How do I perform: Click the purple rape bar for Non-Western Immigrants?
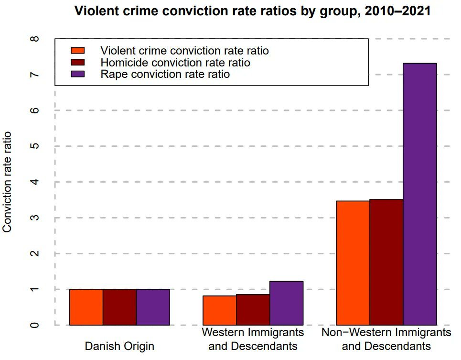(419, 194)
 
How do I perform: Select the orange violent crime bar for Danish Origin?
(86, 307)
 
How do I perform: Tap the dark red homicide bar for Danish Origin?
(119, 307)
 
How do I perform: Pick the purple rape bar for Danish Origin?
(153, 307)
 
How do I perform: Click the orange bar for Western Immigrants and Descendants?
(219, 310)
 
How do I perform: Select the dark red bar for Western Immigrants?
(253, 310)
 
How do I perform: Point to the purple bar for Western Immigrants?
(286, 303)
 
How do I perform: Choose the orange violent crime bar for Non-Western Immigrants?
(353, 263)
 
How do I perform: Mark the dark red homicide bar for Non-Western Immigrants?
(386, 262)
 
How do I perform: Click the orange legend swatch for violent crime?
(77, 51)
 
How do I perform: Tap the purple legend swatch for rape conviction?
(77, 74)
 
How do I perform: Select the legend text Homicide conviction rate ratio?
(175, 63)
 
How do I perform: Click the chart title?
(253, 11)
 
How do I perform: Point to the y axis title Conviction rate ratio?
(8, 182)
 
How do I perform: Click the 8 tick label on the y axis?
(34, 39)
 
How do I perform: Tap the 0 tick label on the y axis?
(34, 325)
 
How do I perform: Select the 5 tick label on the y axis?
(34, 146)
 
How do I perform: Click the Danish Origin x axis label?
(119, 345)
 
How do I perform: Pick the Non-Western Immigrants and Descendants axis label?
(386, 338)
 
